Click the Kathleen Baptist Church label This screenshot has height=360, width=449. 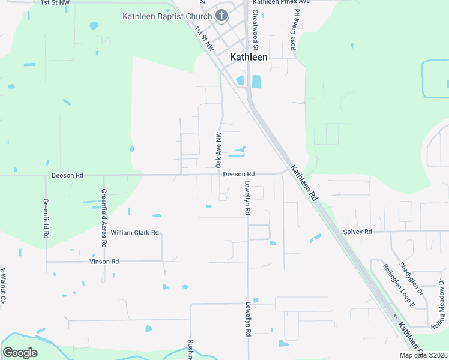point(167,16)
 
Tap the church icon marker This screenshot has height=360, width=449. point(221,15)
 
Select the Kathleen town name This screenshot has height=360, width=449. point(249,58)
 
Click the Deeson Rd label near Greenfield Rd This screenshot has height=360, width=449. point(67,175)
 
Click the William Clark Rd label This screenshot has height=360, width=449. point(134,232)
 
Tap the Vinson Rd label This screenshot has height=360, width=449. point(104,262)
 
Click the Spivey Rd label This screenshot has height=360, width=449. point(358,232)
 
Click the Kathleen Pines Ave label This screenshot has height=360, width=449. point(280,2)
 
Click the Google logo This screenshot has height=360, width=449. point(20,353)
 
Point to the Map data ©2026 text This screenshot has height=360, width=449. point(423,355)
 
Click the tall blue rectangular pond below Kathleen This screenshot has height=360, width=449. point(257,81)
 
